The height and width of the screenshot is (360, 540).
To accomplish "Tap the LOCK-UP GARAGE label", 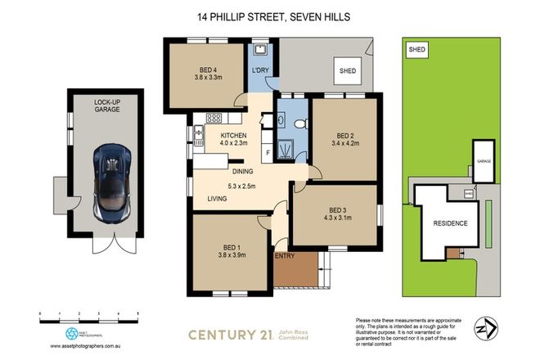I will [x=109, y=106].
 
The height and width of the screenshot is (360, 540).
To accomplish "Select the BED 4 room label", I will [x=208, y=70].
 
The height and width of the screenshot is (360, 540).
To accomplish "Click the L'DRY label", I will [x=261, y=71].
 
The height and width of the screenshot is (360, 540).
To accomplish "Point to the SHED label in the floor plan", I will [x=349, y=71].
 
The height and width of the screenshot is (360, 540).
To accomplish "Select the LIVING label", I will [x=217, y=199].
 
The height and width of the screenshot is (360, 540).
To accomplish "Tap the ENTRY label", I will [x=285, y=256].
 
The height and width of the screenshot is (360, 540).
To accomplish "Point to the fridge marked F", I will [x=268, y=153].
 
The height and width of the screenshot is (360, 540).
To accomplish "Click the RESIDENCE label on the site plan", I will [x=449, y=223].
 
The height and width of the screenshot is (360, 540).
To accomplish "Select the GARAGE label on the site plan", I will [x=484, y=162].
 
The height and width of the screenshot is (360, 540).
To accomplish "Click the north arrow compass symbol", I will [x=488, y=325].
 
